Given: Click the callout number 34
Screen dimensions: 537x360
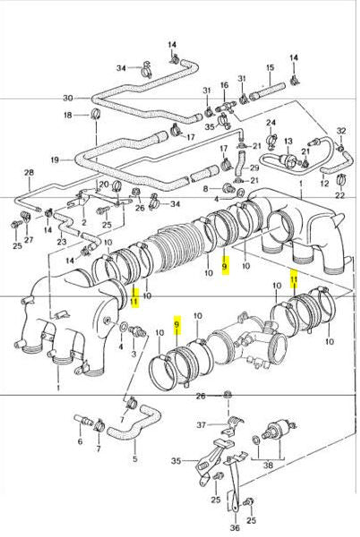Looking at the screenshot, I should pyautogui.click(x=121, y=67).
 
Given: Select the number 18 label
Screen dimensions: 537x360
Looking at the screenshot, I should pyautogui.click(x=67, y=115).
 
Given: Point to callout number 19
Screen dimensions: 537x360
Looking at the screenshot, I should pyautogui.click(x=56, y=160).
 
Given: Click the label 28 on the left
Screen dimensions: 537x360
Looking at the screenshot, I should pyautogui.click(x=28, y=173).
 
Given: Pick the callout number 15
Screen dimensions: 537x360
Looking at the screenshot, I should pyautogui.click(x=268, y=68).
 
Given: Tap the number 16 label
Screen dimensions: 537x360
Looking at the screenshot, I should pyautogui.click(x=224, y=85).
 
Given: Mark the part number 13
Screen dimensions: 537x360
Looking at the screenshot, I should pyautogui.click(x=288, y=141).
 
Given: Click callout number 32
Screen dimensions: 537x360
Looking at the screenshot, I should pyautogui.click(x=341, y=131).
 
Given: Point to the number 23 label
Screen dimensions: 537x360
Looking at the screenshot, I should pyautogui.click(x=62, y=241).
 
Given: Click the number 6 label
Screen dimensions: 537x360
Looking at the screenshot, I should pyautogui.click(x=80, y=441).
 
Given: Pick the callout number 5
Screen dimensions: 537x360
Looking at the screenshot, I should pyautogui.click(x=134, y=460).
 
